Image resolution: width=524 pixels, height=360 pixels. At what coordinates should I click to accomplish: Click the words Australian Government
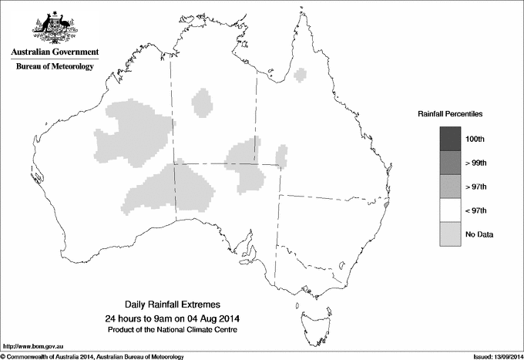[54, 52]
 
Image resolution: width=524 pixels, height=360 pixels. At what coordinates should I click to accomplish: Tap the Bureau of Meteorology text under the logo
[55, 67]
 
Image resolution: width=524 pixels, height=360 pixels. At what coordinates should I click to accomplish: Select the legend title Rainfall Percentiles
[450, 113]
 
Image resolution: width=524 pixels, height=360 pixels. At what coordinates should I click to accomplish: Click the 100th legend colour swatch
[450, 139]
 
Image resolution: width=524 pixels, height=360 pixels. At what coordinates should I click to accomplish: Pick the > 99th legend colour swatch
[450, 163]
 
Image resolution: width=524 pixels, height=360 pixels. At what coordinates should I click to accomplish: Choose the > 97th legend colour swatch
[450, 187]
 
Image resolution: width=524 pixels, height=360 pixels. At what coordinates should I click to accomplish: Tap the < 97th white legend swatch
[450, 210]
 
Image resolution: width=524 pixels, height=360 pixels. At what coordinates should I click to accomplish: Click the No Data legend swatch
[450, 234]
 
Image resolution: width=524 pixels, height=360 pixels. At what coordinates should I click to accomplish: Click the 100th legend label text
[475, 139]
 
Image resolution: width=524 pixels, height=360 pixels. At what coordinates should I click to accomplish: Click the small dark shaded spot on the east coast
[386, 206]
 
